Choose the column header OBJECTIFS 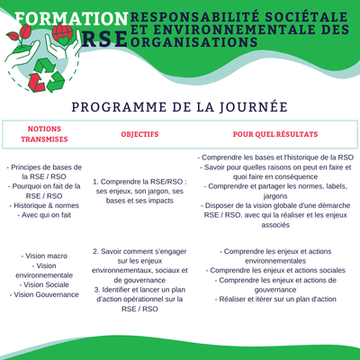pos(139,134)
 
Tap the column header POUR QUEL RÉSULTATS pos(275,134)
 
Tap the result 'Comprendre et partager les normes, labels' pos(275,186)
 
